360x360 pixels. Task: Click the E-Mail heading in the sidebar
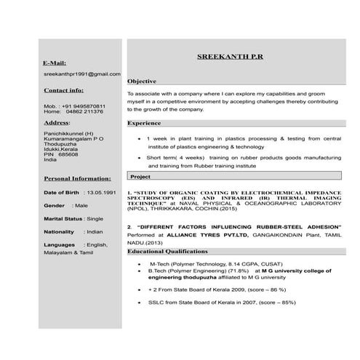[x=55, y=63]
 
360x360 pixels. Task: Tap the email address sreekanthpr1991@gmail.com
[x=81, y=74]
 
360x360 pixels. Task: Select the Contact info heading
[x=63, y=90]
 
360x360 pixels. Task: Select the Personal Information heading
[x=77, y=177]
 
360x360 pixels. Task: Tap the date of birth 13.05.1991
[x=100, y=192]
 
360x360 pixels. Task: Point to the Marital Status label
[x=63, y=218]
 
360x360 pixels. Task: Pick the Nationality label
[x=59, y=231]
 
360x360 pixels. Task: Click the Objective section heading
[x=143, y=81]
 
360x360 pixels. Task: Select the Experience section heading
[x=144, y=123]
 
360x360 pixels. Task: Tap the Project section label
[x=140, y=177]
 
